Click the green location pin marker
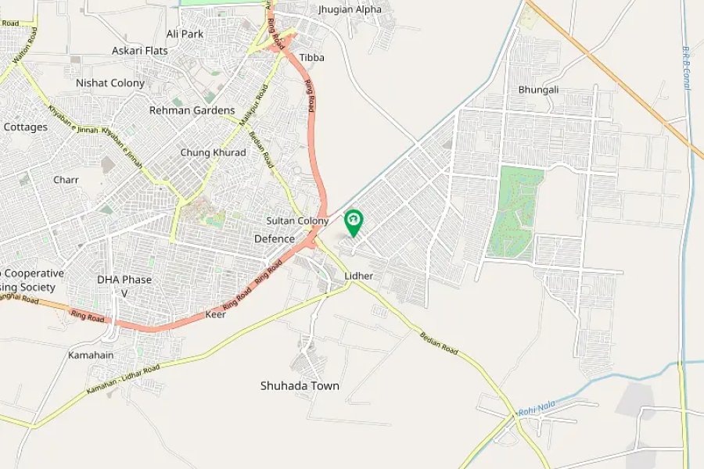point(354,221)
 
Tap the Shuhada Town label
point(300,385)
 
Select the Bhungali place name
point(538,90)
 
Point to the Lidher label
point(358,277)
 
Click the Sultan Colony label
point(297,221)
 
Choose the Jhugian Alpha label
point(350,9)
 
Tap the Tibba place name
point(311,58)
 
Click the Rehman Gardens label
point(192,110)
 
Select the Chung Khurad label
point(213,152)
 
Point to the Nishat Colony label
point(110,83)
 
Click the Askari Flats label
point(140,50)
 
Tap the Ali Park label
point(185,34)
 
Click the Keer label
point(215,314)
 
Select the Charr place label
point(66,180)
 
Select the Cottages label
point(25,127)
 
